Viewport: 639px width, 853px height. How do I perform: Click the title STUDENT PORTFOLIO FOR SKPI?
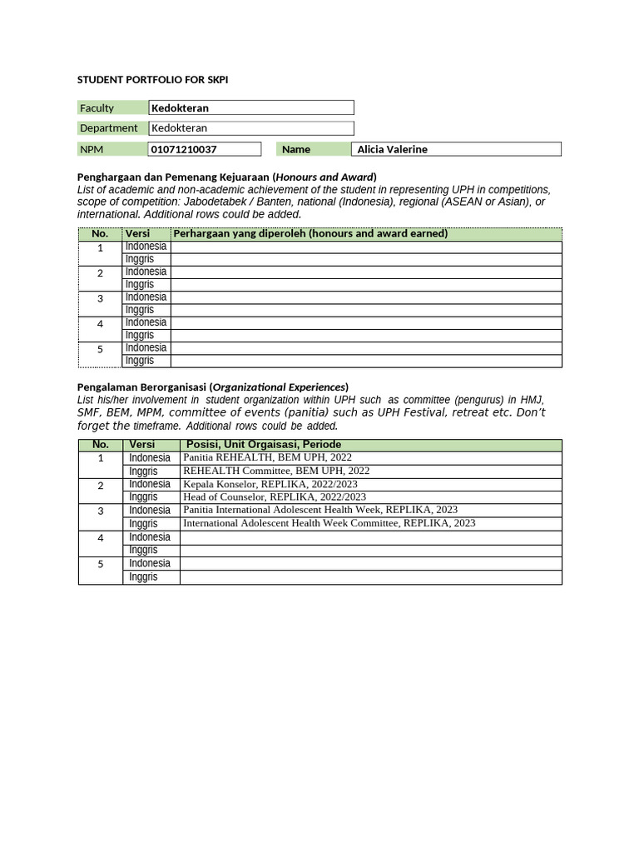point(152,80)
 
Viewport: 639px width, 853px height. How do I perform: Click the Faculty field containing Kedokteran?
point(251,107)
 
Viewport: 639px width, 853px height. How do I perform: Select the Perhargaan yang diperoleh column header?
point(310,233)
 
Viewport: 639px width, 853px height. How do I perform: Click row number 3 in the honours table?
point(100,298)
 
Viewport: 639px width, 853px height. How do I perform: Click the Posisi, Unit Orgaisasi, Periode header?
point(263,444)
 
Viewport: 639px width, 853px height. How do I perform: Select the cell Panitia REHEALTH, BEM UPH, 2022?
point(267,457)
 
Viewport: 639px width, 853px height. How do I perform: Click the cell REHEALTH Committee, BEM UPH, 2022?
point(276,471)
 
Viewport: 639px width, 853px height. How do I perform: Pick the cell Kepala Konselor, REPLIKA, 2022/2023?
point(270,484)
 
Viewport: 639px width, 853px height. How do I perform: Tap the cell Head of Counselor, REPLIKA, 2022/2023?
point(274,497)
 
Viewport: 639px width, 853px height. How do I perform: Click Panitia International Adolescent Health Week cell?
point(320,510)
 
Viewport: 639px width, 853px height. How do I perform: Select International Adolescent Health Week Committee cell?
point(329,523)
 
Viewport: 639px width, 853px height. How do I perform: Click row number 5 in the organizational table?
point(101,564)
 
